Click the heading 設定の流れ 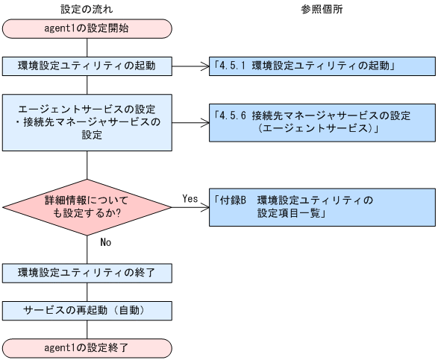[x=87, y=8]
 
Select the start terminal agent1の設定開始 [x=87, y=28]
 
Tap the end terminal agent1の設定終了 [x=87, y=347]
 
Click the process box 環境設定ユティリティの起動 [x=87, y=65]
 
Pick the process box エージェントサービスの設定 [x=87, y=121]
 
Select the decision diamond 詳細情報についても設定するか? [x=87, y=206]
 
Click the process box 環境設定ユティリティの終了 [x=87, y=271]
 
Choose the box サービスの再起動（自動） [x=87, y=309]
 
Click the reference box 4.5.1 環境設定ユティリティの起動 [x=322, y=65]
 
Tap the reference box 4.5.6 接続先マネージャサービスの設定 [x=322, y=122]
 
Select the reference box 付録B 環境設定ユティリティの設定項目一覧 [x=322, y=206]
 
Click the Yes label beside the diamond [x=190, y=198]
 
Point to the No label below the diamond [x=105, y=241]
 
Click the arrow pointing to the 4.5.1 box [x=190, y=65]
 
